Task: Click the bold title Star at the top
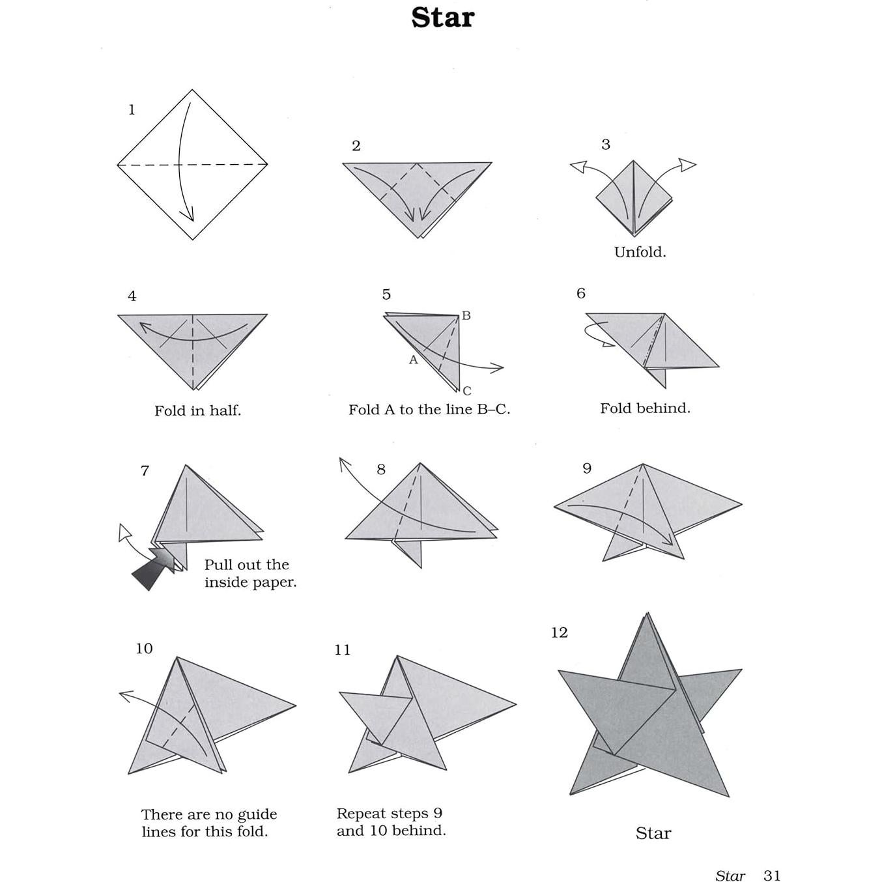[x=442, y=18]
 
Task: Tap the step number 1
[x=132, y=109]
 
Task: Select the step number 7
[x=145, y=470]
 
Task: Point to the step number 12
[x=559, y=633]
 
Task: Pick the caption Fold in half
[x=197, y=410]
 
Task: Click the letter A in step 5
[x=413, y=360]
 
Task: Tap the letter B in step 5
[x=466, y=316]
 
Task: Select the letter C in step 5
[x=467, y=391]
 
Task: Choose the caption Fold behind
[x=644, y=408]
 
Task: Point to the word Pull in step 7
[x=218, y=565]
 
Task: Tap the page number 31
[x=771, y=875]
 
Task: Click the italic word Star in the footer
[x=730, y=875]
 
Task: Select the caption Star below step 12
[x=653, y=833]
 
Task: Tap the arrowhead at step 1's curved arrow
[x=189, y=216]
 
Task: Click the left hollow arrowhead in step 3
[x=578, y=167]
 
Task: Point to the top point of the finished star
[x=647, y=614]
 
